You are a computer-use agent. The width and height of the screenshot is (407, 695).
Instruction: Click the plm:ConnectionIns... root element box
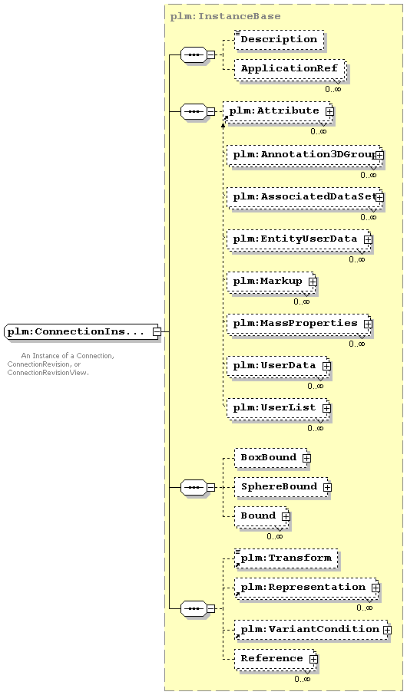coord(82,331)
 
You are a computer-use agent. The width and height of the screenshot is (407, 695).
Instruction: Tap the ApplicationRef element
coord(290,69)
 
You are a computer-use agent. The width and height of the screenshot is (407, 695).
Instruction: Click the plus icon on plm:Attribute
coord(329,112)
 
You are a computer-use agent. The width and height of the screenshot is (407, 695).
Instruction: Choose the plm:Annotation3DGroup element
coord(303,155)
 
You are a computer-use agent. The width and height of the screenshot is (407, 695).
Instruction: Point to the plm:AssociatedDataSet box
coord(303,197)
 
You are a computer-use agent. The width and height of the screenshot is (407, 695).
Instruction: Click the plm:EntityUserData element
coord(298,239)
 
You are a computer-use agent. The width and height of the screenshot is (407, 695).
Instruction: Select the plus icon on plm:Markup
coord(313,282)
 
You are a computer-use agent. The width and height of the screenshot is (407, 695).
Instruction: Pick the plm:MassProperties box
coord(298,324)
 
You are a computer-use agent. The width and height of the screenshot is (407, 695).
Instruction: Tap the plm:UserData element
coord(278,366)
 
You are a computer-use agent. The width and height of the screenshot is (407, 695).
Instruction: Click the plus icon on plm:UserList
coord(326,408)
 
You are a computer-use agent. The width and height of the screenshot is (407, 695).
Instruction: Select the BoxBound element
coord(271,457)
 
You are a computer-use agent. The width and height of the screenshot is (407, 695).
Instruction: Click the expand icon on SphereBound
coord(327,488)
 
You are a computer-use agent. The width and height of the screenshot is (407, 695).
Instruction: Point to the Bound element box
coord(261,516)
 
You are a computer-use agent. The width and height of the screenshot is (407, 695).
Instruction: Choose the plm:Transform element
coord(286,558)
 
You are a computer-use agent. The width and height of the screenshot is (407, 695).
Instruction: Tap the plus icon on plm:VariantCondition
coord(387,630)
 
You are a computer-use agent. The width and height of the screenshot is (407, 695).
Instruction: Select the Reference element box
coord(275,659)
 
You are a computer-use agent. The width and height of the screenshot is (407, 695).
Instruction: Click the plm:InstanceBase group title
coord(226,17)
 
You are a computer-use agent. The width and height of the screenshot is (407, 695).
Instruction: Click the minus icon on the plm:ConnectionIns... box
coord(156,331)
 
